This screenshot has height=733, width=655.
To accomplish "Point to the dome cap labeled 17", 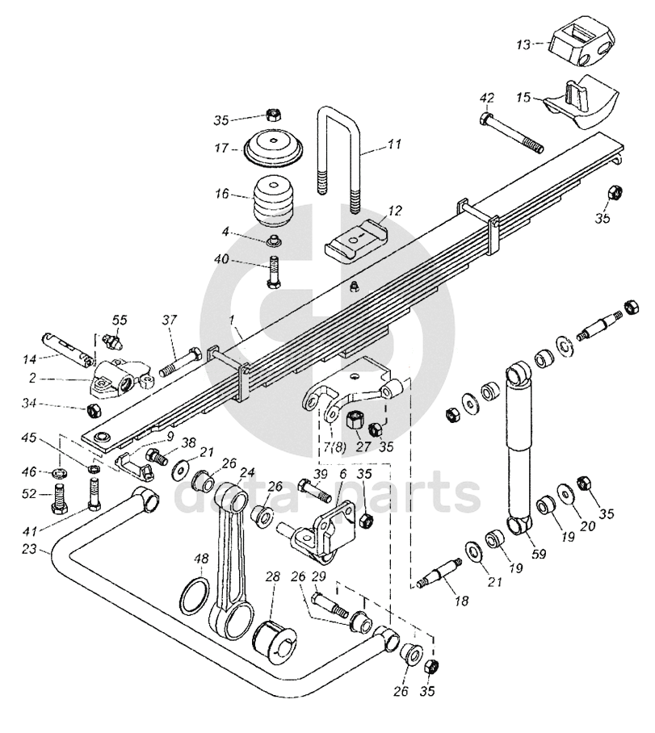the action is [x=274, y=149].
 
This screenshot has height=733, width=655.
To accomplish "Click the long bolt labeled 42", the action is [x=511, y=132].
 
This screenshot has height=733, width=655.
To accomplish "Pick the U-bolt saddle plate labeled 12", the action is [x=356, y=241].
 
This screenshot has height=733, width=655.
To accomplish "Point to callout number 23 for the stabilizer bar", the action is [x=29, y=551].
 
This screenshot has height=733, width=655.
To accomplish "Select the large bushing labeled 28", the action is [x=275, y=640].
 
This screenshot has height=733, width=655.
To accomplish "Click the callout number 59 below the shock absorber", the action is [x=539, y=555].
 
